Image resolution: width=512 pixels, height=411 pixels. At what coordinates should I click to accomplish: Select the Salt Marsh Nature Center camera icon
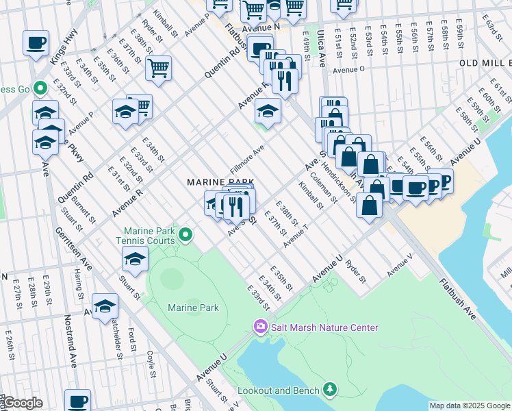(260, 327)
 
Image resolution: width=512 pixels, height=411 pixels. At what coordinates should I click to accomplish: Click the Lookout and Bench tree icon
(331, 390)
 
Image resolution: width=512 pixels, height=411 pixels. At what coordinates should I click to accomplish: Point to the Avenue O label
(348, 70)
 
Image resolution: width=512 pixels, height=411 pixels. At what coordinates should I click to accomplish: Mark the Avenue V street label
(400, 266)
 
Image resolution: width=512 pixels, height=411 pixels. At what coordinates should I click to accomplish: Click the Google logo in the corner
(22, 403)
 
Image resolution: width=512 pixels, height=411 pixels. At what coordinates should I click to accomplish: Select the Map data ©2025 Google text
(469, 406)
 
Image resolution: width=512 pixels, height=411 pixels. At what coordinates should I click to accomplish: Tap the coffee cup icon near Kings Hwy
(36, 43)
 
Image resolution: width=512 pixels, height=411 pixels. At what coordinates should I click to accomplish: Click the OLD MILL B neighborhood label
(485, 63)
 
